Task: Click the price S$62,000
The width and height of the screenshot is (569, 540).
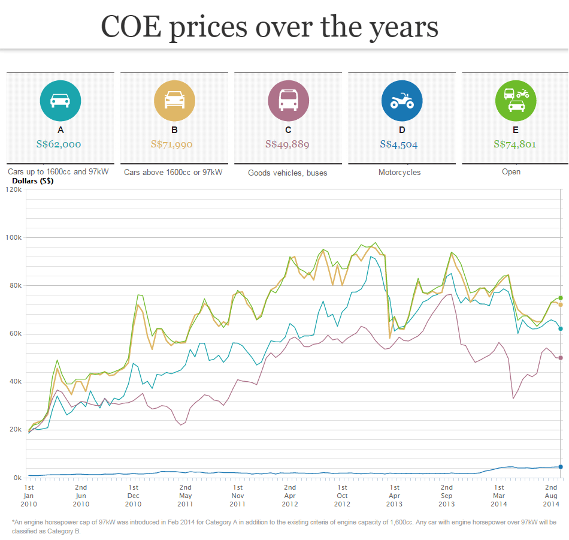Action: [59, 144]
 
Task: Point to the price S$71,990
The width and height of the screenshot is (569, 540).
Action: [174, 144]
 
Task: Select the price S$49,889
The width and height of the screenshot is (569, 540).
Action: [288, 144]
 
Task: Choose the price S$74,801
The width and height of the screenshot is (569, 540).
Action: [515, 144]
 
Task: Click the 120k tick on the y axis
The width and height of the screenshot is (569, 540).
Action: [13, 189]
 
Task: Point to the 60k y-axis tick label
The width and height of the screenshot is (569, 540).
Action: [14, 334]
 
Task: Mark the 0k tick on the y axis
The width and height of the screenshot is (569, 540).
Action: [16, 478]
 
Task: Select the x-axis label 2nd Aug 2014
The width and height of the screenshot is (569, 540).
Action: [551, 496]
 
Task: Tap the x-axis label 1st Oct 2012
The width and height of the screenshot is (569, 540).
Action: [342, 496]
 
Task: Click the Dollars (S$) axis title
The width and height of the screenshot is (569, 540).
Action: [33, 181]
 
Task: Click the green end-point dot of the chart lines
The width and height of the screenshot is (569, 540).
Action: [561, 298]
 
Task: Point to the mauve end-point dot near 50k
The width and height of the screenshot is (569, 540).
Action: [561, 358]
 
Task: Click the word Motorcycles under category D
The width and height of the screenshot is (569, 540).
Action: [399, 173]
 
